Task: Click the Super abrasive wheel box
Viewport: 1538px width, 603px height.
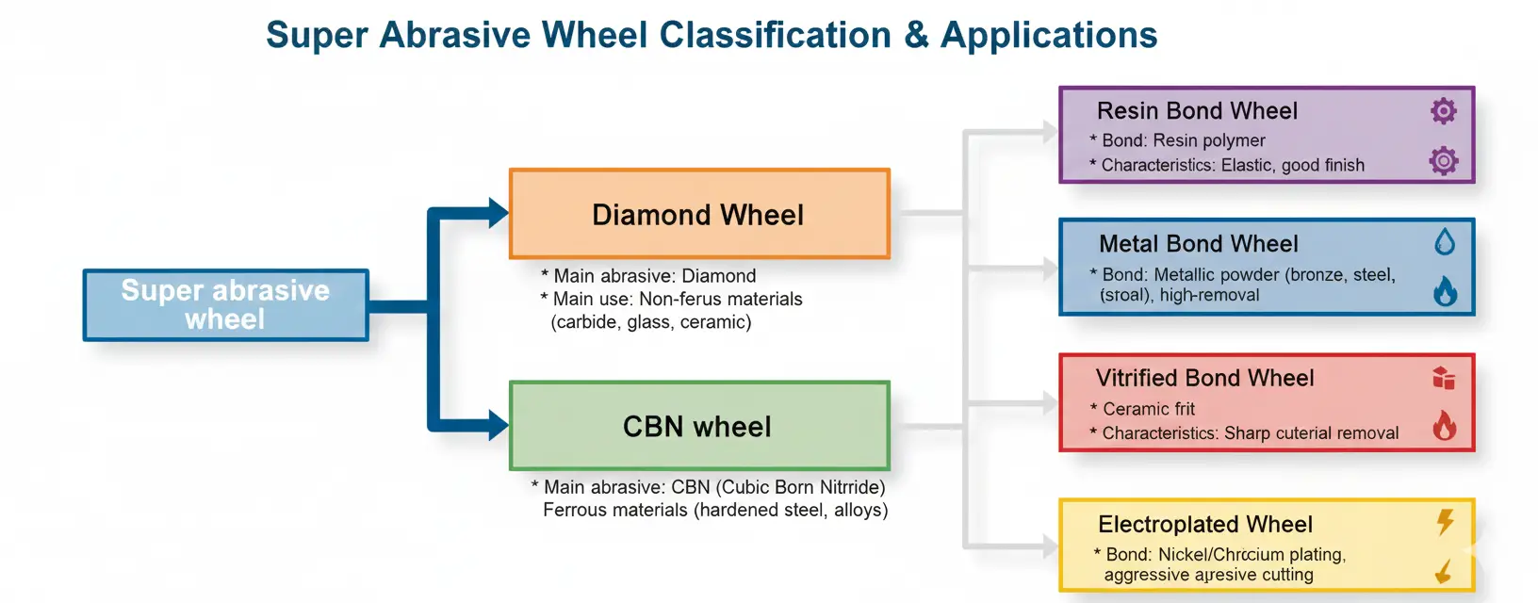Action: click(225, 304)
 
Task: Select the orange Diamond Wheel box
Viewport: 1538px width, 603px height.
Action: click(698, 214)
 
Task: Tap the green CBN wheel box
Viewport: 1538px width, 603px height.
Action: click(698, 426)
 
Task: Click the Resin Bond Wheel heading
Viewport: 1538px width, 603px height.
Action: click(1197, 111)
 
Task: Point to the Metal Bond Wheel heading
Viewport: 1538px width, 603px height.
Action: click(1198, 244)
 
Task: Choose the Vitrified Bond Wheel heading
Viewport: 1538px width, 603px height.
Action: click(1204, 378)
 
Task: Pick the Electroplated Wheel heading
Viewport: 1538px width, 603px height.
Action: click(1204, 524)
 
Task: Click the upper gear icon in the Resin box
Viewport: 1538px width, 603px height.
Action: click(1443, 111)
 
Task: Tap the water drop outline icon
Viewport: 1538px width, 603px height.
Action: click(1444, 242)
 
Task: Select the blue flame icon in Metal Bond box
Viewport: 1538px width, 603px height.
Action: click(1445, 291)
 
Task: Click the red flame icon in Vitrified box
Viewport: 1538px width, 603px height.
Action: click(1444, 426)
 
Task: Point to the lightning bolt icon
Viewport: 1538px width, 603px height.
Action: click(1445, 521)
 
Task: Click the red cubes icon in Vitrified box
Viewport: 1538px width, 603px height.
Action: click(1443, 378)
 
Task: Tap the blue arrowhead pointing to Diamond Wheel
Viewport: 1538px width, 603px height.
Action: click(498, 213)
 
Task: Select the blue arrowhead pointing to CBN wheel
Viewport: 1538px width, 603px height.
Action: click(498, 425)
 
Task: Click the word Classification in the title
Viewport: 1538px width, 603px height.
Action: click(775, 35)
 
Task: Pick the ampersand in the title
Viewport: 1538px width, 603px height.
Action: click(915, 35)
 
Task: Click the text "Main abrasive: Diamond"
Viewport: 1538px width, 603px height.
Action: click(654, 276)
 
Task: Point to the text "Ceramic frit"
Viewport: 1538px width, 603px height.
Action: click(1148, 409)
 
